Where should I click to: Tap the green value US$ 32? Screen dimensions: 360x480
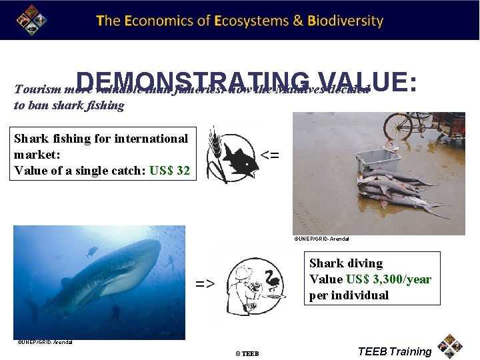click(x=170, y=171)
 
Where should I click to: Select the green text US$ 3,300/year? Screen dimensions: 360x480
click(x=388, y=279)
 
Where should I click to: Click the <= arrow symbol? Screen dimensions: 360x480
click(x=269, y=155)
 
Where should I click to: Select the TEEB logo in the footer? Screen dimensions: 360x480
click(x=451, y=345)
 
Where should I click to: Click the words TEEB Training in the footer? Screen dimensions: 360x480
click(x=394, y=351)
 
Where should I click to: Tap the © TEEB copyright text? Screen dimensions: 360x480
click(x=246, y=353)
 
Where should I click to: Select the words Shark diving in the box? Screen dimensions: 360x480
click(x=346, y=263)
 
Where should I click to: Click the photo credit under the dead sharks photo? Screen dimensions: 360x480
click(x=321, y=238)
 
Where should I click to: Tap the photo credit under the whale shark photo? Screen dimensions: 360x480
click(x=45, y=342)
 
